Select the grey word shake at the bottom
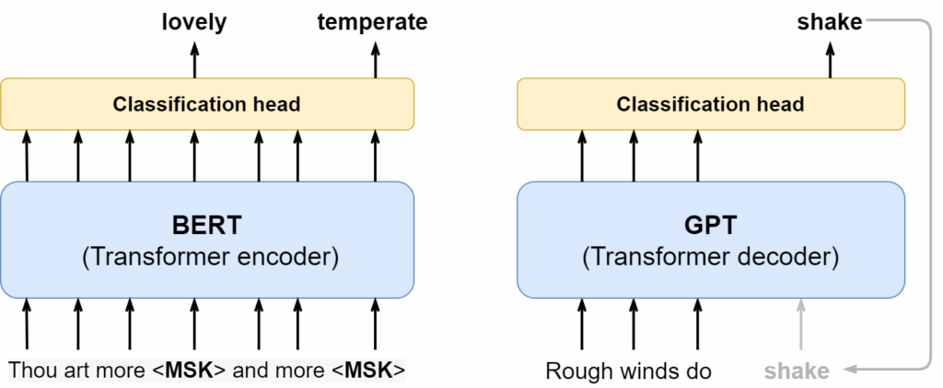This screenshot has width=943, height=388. (x=796, y=371)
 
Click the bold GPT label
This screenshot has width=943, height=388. (x=710, y=224)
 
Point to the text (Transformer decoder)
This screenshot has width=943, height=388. (x=710, y=257)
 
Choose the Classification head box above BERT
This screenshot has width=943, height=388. (x=207, y=104)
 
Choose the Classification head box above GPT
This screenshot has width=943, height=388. (x=710, y=104)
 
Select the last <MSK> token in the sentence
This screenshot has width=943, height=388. (x=368, y=371)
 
